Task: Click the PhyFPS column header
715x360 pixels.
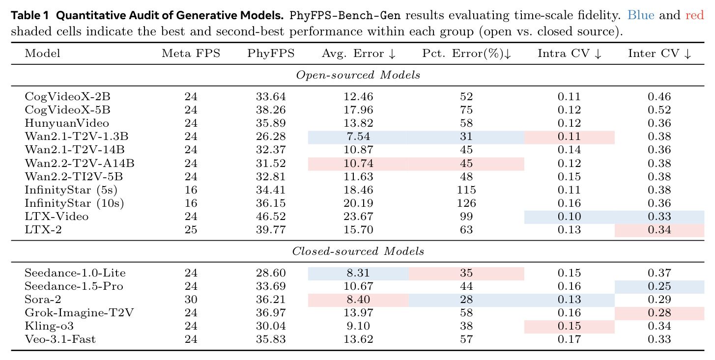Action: click(x=271, y=54)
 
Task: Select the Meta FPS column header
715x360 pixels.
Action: click(x=191, y=54)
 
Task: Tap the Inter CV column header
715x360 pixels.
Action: click(x=659, y=54)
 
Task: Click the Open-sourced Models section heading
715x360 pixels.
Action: click(x=358, y=75)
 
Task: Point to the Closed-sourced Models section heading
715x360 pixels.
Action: click(x=358, y=251)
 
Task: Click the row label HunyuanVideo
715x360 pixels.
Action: click(x=67, y=123)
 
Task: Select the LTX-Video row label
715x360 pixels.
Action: click(x=57, y=217)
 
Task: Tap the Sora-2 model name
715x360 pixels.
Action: click(x=43, y=300)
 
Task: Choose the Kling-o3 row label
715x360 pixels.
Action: click(x=49, y=326)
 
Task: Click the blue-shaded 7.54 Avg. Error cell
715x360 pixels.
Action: click(x=358, y=137)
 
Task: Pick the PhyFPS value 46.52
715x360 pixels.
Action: click(x=271, y=217)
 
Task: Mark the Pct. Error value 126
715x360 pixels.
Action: click(x=466, y=203)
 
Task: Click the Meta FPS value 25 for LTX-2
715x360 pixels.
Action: click(x=191, y=230)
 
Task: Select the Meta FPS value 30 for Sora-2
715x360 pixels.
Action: click(x=191, y=300)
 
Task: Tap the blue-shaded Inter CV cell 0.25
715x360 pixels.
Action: click(x=659, y=286)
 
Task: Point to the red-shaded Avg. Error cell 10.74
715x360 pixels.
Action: click(x=358, y=164)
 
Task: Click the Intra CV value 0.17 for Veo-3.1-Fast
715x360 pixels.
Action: click(x=569, y=339)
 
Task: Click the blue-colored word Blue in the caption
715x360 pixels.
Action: click(x=641, y=15)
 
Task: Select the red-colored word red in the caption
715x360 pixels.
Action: click(x=694, y=15)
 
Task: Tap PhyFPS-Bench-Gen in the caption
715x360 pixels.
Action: click(x=345, y=15)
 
